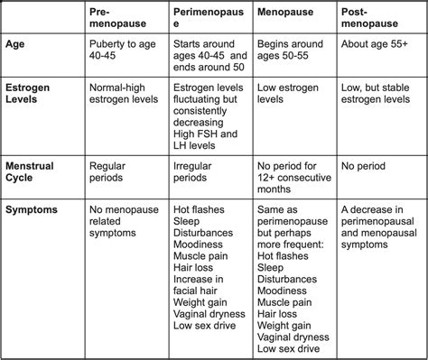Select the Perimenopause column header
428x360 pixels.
210,18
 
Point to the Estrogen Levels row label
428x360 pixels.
32,95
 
